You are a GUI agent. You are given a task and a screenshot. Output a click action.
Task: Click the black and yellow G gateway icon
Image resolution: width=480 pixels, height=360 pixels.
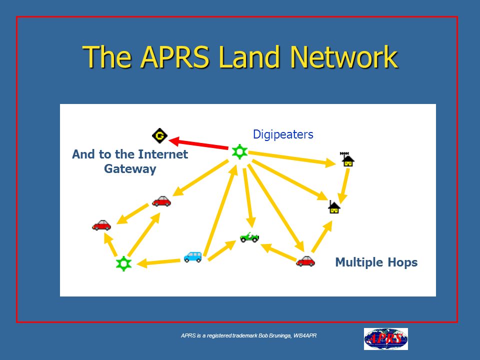(x=160, y=135)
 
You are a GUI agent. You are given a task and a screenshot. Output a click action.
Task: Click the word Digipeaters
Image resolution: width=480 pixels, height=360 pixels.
(x=283, y=134)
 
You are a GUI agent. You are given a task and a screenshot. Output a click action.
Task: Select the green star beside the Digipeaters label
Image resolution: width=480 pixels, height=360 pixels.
(x=239, y=151)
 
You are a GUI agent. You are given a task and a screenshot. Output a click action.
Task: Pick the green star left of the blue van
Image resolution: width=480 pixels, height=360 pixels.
(x=123, y=263)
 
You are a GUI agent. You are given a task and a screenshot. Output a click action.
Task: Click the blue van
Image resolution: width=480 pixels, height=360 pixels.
(x=193, y=256)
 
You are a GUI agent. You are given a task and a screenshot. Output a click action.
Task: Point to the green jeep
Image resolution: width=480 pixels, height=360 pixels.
(x=249, y=237)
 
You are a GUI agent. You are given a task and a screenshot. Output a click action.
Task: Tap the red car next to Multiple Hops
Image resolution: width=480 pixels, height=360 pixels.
(x=305, y=261)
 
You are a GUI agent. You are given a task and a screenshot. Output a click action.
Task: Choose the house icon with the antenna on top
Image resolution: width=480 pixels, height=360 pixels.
(x=347, y=159)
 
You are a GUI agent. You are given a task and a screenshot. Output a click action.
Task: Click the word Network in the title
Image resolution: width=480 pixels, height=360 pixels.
(x=344, y=56)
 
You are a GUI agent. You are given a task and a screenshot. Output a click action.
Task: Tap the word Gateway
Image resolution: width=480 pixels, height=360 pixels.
(x=130, y=169)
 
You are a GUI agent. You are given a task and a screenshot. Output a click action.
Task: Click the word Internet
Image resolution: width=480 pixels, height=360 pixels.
(x=163, y=154)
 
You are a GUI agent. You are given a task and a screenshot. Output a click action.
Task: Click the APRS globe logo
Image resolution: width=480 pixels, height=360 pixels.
(x=385, y=339)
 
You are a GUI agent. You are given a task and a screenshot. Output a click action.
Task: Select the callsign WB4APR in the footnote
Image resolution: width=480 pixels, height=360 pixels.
(x=305, y=335)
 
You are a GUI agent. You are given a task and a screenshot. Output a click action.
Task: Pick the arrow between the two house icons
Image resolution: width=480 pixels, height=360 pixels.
(x=344, y=186)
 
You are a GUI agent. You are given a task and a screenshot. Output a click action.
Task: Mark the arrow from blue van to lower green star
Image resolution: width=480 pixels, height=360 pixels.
(x=158, y=262)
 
